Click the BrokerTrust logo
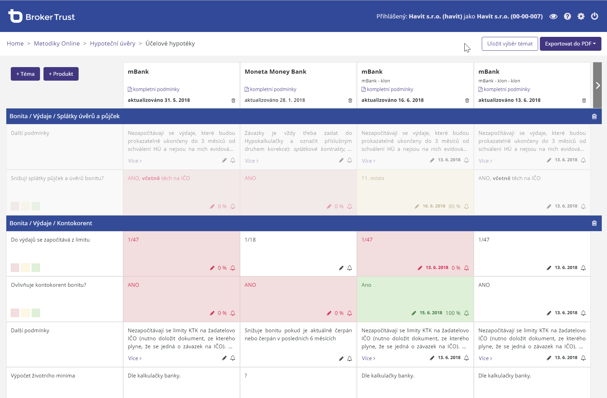click(x=41, y=16)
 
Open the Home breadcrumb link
click(x=15, y=43)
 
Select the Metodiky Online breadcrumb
click(x=57, y=43)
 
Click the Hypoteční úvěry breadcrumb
click(x=112, y=43)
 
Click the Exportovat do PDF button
click(x=570, y=44)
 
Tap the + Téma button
click(x=25, y=74)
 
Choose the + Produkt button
click(x=61, y=74)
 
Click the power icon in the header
click(x=594, y=16)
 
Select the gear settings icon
click(x=581, y=16)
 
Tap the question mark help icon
click(x=567, y=16)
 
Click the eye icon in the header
click(x=553, y=16)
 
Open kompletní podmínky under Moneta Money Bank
click(x=273, y=89)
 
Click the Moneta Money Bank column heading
click(x=275, y=72)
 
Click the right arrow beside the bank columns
click(x=597, y=85)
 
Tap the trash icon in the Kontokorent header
click(x=594, y=223)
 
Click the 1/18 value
click(x=250, y=240)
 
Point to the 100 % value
click(x=453, y=313)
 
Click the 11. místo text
click(x=373, y=178)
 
